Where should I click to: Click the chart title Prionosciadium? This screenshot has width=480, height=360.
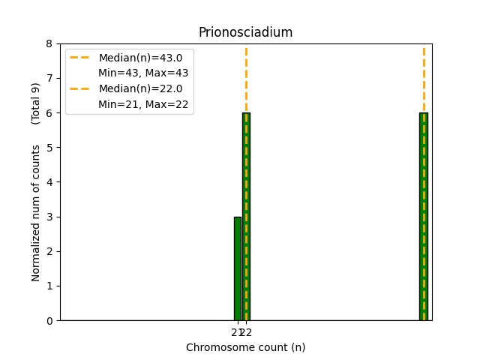pos(245,32)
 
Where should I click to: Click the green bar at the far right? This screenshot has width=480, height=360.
pos(423,217)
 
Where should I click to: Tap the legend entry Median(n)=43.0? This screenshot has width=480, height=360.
pos(140,58)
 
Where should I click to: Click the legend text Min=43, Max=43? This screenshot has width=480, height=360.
pos(143,73)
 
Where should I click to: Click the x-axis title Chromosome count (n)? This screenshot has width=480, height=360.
pos(245,347)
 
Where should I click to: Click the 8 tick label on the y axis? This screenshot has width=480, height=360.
pos(49,43)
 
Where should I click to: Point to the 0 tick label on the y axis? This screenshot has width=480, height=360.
pos(49,320)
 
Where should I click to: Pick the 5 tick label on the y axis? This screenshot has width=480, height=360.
pos(49,147)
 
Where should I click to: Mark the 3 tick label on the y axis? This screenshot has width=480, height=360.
pos(49,217)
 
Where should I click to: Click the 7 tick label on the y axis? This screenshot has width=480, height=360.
pos(49,78)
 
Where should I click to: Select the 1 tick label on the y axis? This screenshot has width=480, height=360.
pos(49,286)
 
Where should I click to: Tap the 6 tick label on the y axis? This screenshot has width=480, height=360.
pos(49,112)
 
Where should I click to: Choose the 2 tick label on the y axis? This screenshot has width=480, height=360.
pos(49,251)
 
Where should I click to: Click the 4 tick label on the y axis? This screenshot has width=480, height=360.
pos(49,182)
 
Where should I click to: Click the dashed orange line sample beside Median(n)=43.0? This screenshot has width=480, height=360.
pos(81,58)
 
